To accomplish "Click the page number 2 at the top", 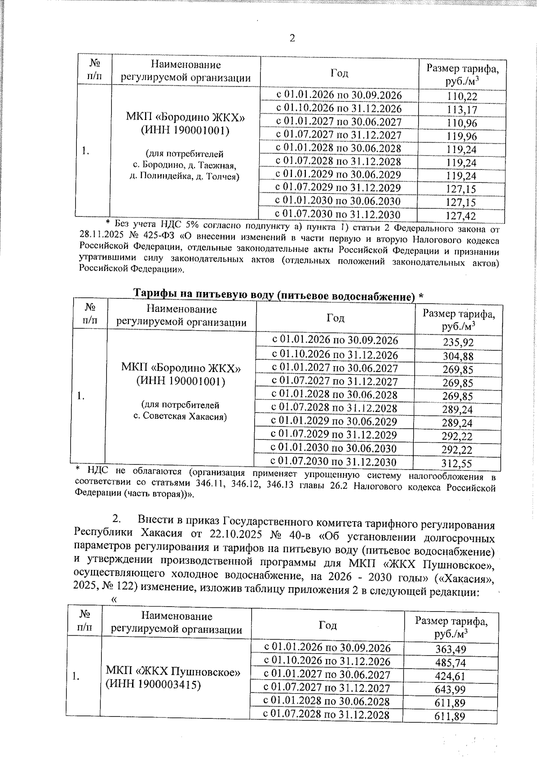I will pos(292,38).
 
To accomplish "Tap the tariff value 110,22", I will pos(462,96).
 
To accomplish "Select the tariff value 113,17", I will pos(462,110).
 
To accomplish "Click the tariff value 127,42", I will pos(461,216).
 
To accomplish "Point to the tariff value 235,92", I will pos(458,342).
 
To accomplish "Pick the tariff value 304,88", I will pos(458,356).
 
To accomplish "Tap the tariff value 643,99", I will pos(450,689).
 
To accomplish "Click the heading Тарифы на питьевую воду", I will pos(278,295).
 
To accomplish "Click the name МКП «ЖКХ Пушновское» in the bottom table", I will pos(173,672).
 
